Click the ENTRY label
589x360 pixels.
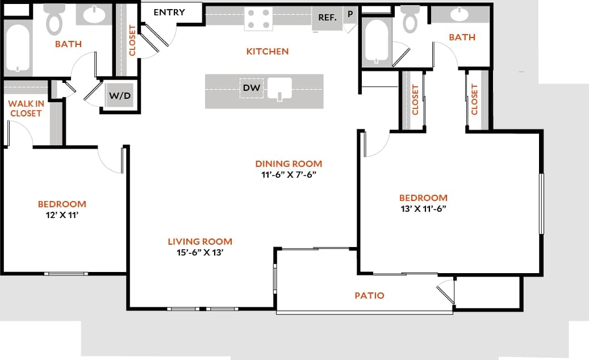(x=169, y=12)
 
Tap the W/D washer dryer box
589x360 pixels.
(x=120, y=96)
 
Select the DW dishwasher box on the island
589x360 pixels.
(x=251, y=88)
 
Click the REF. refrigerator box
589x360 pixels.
(x=327, y=17)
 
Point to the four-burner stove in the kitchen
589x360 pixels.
(x=258, y=19)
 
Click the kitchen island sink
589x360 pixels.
(x=279, y=89)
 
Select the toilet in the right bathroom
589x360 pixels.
(x=410, y=20)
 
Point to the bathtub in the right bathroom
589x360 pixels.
(x=376, y=41)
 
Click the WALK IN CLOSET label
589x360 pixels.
(x=25, y=108)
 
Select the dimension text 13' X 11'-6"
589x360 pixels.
(x=423, y=208)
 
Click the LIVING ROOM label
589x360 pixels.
(x=200, y=241)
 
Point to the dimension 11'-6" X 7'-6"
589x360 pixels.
(x=288, y=174)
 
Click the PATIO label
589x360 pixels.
(x=369, y=295)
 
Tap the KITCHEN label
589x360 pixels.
(x=267, y=52)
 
